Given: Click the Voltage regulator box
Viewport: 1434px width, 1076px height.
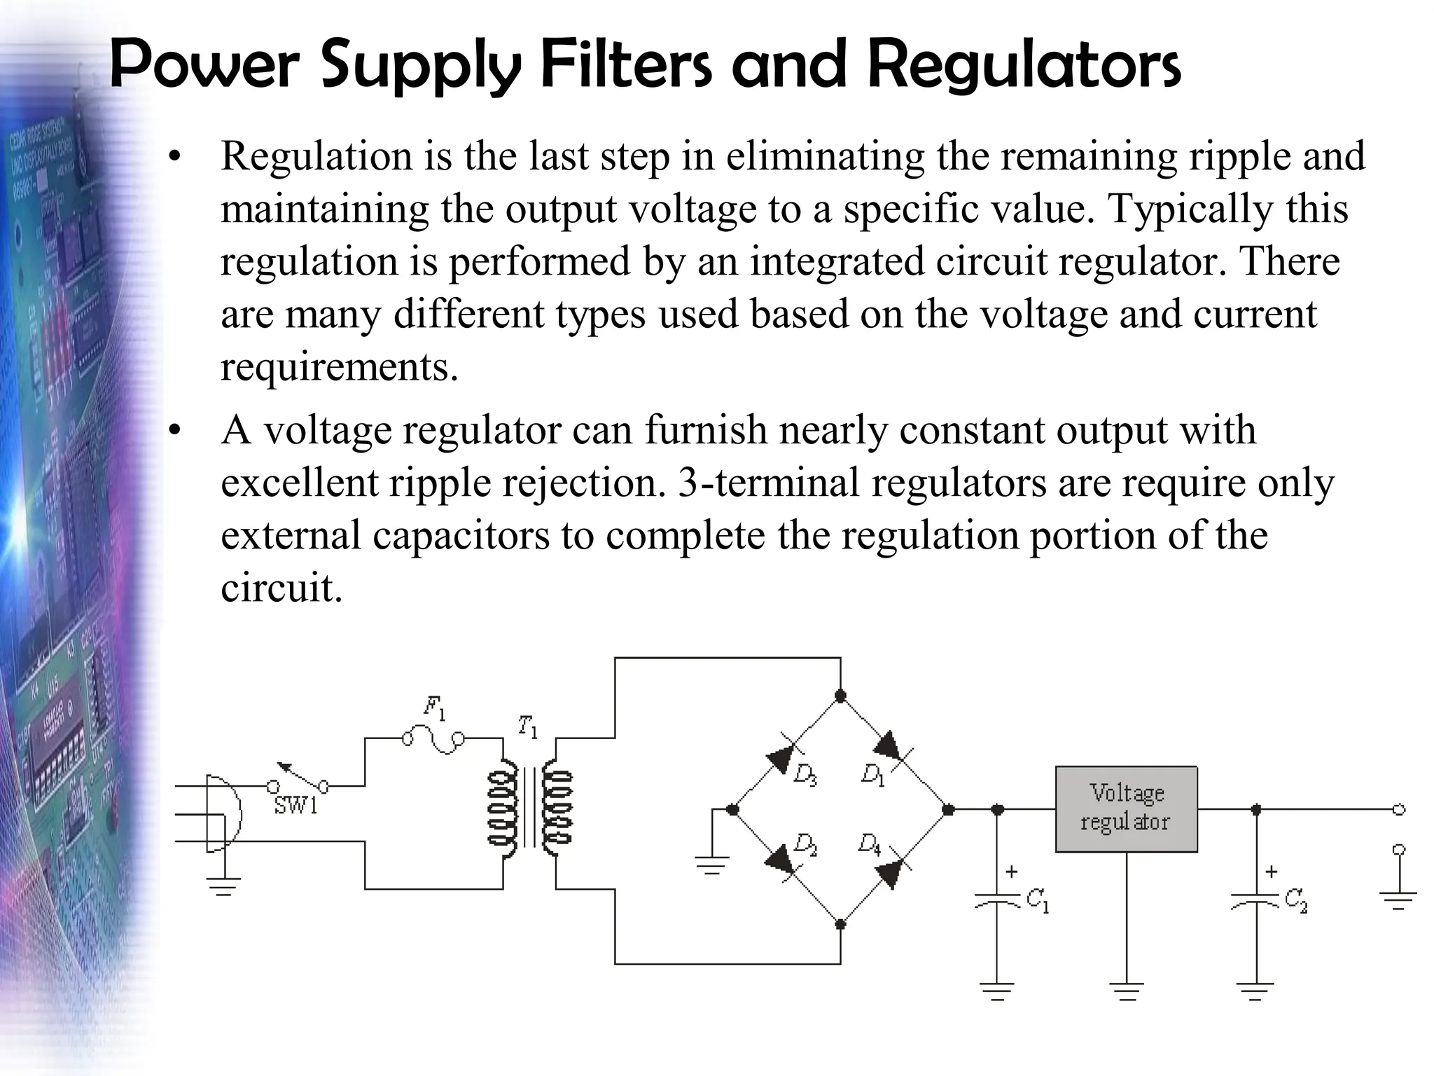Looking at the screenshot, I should [x=1126, y=809].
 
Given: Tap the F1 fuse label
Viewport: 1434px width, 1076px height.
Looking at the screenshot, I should [x=434, y=708].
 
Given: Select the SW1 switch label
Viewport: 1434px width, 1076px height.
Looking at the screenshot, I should [x=295, y=806].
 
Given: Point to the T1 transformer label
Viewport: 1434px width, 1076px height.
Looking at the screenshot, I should [x=528, y=726].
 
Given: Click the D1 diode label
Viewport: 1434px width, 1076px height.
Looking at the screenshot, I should [x=873, y=775].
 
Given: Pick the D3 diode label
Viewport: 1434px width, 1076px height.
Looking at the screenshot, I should [x=805, y=775].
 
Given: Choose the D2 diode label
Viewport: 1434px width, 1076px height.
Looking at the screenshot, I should [x=805, y=845].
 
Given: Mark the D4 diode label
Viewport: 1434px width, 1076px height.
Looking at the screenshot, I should [x=870, y=845].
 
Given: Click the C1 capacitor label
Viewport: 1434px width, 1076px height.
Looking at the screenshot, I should [x=1037, y=900].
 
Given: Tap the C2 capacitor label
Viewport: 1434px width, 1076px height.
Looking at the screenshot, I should [x=1296, y=900].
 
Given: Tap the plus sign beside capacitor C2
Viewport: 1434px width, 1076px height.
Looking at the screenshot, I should [x=1272, y=872].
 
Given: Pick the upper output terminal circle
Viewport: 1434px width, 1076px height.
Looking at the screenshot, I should [x=1399, y=810].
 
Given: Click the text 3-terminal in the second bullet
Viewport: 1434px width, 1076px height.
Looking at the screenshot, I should [x=767, y=483].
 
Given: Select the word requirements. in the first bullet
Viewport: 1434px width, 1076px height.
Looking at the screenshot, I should [x=340, y=366].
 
